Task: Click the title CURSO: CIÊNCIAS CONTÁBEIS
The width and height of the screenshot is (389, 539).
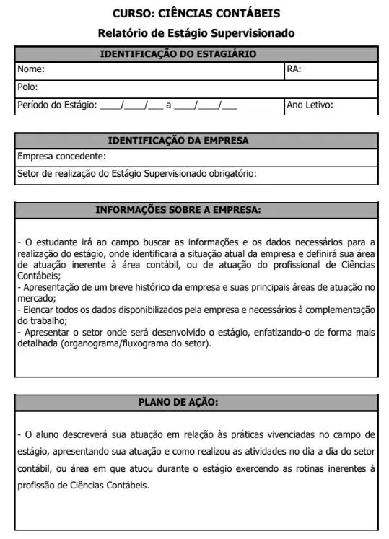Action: [196, 14]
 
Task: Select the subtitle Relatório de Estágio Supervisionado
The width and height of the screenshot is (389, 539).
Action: [196, 33]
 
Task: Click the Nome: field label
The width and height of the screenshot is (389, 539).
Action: [31, 70]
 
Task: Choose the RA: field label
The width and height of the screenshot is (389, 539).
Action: [294, 70]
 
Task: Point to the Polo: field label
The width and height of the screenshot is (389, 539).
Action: [27, 87]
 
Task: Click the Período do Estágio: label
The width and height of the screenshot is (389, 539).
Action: [57, 105]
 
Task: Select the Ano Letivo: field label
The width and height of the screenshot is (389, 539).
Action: [310, 105]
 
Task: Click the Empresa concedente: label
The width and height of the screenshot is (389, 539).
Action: [61, 156]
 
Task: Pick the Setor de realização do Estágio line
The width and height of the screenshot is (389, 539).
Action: [136, 173]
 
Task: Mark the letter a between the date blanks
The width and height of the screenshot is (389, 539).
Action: [168, 105]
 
